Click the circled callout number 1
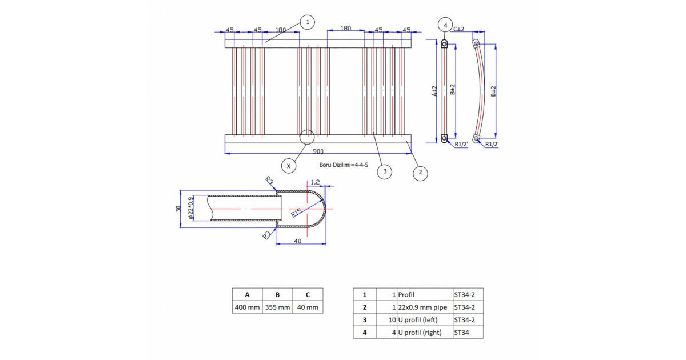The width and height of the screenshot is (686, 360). [307, 22]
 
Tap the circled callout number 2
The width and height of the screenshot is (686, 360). [420, 173]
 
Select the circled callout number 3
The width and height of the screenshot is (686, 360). [385, 171]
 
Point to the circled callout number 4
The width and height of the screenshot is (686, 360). [445, 25]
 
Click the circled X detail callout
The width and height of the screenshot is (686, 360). [289, 166]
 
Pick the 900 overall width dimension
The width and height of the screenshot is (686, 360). [318, 151]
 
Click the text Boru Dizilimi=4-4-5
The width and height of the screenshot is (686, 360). [344, 165]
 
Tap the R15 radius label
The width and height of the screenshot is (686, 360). [296, 213]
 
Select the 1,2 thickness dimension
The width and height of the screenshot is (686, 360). [315, 182]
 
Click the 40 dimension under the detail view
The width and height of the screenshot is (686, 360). [297, 241]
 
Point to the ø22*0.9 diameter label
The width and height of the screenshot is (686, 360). [191, 208]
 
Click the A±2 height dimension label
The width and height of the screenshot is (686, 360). [434, 91]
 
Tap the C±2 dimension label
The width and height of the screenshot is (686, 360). [458, 29]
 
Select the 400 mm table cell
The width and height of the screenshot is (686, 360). [247, 307]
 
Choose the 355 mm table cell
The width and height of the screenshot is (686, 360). [277, 307]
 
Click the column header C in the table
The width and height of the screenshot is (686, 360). [308, 294]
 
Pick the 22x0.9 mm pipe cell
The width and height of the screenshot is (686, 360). [422, 307]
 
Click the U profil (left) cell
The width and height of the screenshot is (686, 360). [418, 320]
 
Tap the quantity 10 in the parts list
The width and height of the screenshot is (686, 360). [392, 320]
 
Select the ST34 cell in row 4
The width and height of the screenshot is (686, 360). [461, 333]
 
